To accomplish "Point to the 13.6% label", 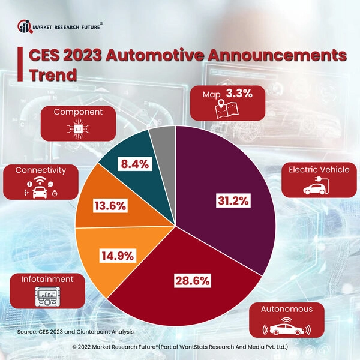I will [x=110, y=206].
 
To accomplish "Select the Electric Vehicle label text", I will [x=319, y=170].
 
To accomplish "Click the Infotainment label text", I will [x=47, y=279].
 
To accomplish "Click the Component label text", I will [x=78, y=112].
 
